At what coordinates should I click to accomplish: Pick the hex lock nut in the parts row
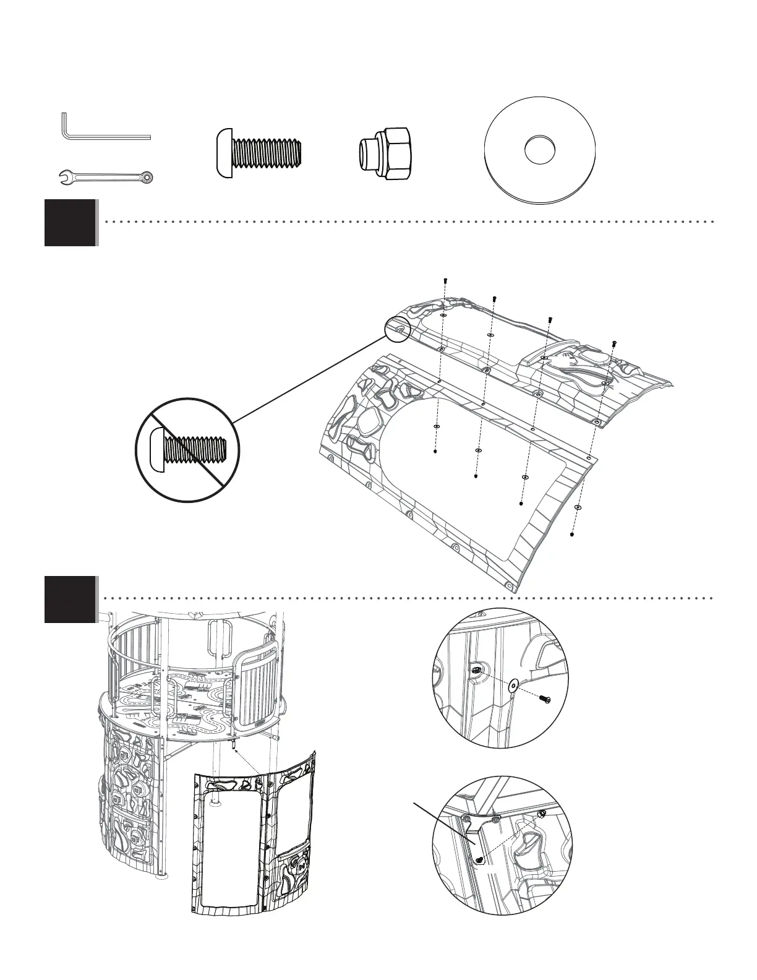tap(386, 153)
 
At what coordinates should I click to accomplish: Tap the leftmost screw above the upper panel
tap(445, 281)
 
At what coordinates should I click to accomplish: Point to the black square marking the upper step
tap(71, 223)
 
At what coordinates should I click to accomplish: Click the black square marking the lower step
tap(71, 600)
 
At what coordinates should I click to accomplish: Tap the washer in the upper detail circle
tap(513, 686)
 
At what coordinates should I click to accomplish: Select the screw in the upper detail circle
tap(545, 698)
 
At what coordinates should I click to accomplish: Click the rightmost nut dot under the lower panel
tap(573, 534)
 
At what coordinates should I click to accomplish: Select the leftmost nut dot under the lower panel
tap(435, 452)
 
